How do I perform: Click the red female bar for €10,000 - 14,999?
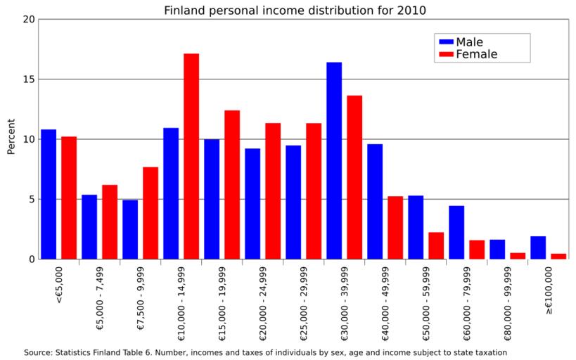point(191,156)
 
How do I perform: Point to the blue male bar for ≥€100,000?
point(538,247)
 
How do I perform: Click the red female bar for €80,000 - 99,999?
point(518,256)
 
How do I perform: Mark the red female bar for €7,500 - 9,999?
point(151,213)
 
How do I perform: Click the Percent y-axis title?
point(11,139)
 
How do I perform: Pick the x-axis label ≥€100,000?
point(549,290)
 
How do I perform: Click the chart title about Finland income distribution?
point(295,11)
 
